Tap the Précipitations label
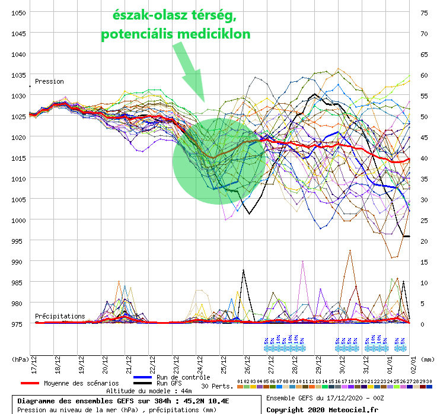pos(60,316)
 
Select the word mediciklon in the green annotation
pos(216,34)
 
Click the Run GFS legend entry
pos(169,384)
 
